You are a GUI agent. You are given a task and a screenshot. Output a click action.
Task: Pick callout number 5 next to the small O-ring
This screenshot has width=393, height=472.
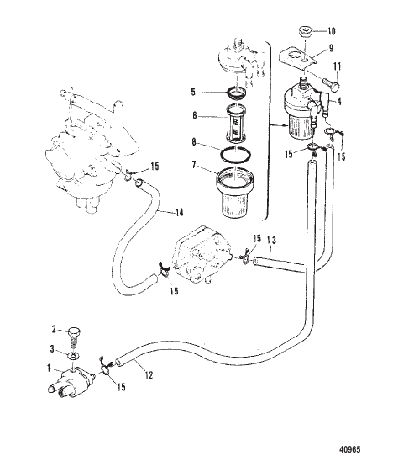click(192, 92)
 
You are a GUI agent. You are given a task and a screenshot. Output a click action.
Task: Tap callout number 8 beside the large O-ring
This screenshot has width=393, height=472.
click(192, 142)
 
